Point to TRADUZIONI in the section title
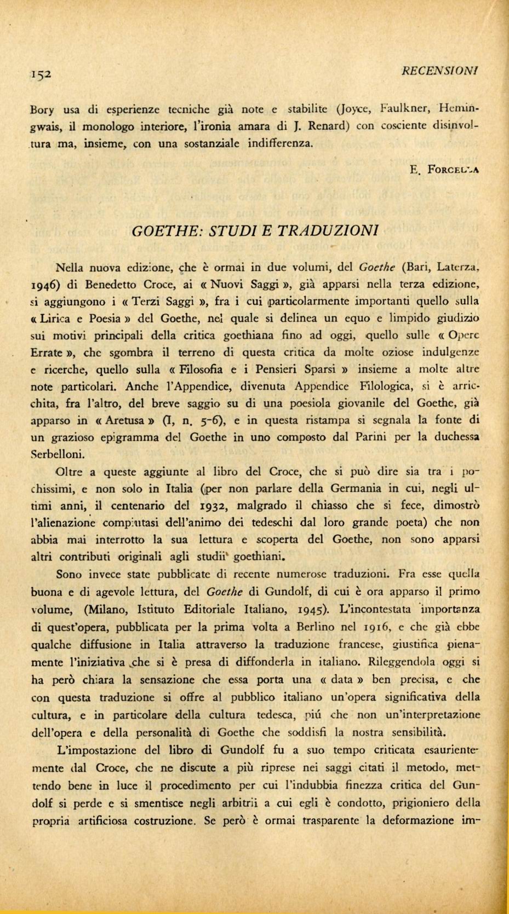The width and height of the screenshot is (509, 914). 331,230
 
